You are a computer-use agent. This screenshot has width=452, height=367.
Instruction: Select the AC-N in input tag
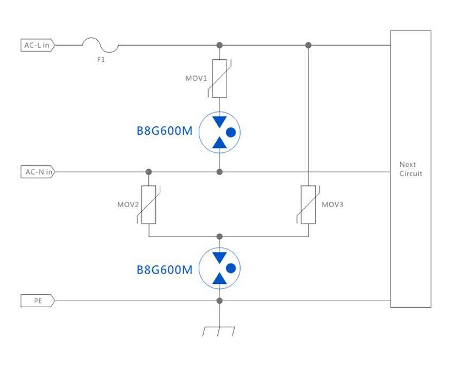37,172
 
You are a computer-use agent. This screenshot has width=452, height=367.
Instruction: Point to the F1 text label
101,60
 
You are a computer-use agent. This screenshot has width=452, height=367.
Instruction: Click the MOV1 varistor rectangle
219,78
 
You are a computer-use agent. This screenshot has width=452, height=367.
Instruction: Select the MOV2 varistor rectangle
149,204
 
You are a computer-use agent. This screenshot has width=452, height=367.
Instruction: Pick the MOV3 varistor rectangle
309,204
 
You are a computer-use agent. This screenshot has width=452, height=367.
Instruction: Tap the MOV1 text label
196,78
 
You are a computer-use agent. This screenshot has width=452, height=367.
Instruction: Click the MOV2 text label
128,205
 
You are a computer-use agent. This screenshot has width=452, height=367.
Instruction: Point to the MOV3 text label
332,205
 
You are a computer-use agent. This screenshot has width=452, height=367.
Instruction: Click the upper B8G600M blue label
165,132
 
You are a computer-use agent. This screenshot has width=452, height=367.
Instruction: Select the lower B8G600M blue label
165,269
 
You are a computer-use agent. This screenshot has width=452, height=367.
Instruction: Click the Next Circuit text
410,169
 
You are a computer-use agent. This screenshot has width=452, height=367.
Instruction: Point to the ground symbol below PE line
219,331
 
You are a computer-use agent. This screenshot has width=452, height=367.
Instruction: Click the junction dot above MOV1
219,45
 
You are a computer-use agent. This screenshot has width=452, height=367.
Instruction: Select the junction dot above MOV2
149,172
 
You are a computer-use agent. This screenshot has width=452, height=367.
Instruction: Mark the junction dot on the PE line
219,300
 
